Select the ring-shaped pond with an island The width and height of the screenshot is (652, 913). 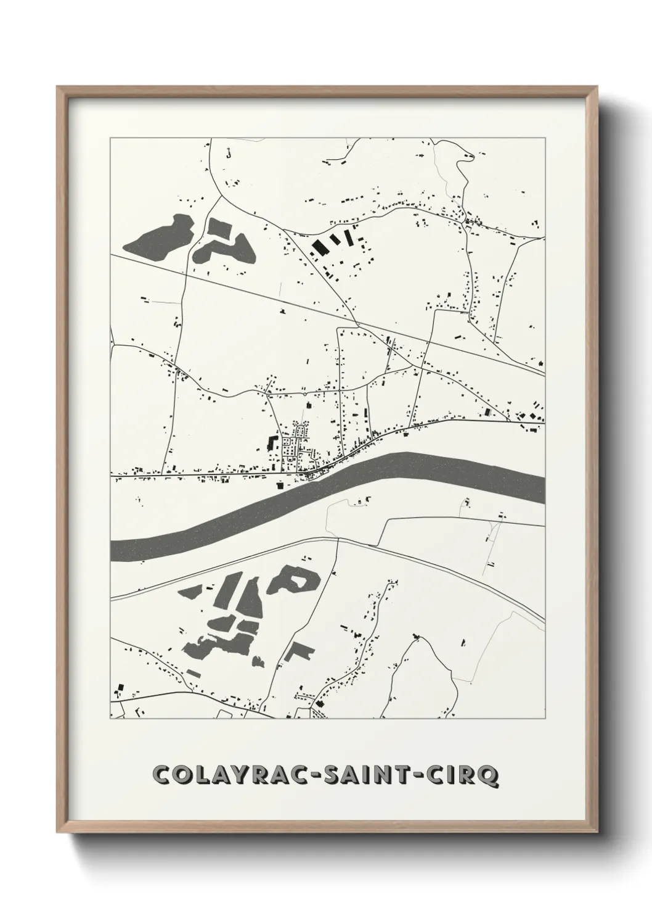click(x=295, y=579)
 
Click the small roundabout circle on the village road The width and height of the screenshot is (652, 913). click(x=304, y=392)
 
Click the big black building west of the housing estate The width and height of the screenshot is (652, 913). click(x=271, y=442)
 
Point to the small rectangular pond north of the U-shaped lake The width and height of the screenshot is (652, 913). click(x=218, y=227)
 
